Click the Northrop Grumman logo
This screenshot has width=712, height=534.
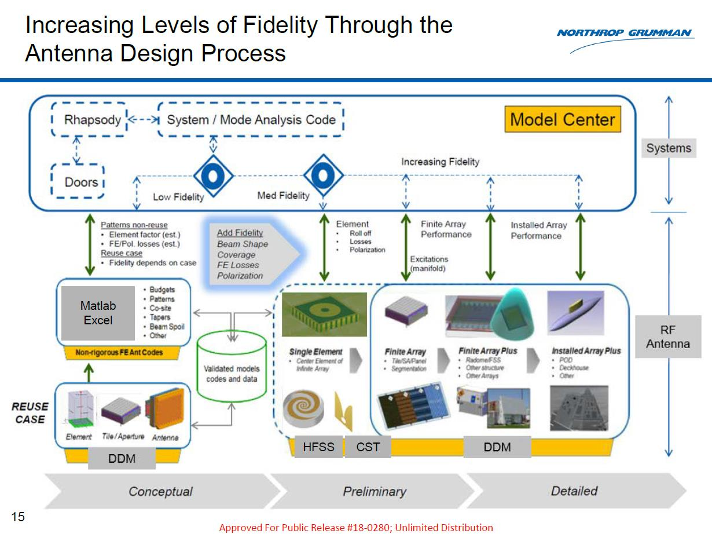click(x=625, y=34)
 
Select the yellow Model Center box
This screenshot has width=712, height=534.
click(x=563, y=120)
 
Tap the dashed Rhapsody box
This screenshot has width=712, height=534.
click(x=89, y=120)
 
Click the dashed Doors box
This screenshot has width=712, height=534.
click(x=78, y=182)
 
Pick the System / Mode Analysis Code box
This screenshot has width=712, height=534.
click(x=251, y=120)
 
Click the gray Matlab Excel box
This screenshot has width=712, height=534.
click(x=97, y=313)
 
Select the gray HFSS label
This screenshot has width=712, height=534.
click(x=318, y=447)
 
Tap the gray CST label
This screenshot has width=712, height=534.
click(x=368, y=447)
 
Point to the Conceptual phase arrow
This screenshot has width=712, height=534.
click(x=160, y=491)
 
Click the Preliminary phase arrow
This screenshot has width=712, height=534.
click(x=374, y=491)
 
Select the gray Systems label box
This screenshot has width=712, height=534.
click(x=669, y=148)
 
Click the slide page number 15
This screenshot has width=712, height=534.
click(x=19, y=517)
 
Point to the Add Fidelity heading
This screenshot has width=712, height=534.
click(x=240, y=233)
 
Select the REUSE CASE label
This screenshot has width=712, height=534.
click(x=30, y=413)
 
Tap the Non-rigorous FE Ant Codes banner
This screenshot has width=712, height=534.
click(x=119, y=352)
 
